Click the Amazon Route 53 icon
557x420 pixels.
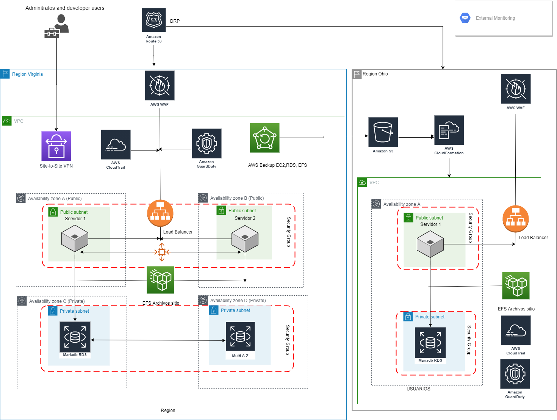pos(153,20)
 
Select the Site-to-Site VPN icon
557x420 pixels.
pos(56,146)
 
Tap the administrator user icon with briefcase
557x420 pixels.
pos(57,27)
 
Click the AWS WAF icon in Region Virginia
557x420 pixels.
pos(160,85)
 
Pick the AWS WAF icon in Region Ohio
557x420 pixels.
pos(515,89)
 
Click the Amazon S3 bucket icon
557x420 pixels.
pos(383,132)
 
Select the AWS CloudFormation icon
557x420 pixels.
pos(449,130)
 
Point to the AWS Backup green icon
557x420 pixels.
pos(264,138)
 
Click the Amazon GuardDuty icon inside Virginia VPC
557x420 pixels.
pos(207,143)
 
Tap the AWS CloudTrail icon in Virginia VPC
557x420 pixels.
pos(116,144)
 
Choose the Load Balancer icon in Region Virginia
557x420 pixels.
pos(160,213)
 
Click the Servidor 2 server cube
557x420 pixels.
pos(245,239)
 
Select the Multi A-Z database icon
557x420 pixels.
pos(240,337)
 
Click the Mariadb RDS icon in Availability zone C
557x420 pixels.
pos(75,337)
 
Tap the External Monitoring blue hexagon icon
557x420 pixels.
pos(465,18)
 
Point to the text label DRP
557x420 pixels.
pos(175,21)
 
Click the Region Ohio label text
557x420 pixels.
pos(375,74)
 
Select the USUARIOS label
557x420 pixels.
pos(418,389)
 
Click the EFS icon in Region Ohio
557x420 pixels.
pos(516,285)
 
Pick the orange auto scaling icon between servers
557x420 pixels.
pos(162,252)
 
